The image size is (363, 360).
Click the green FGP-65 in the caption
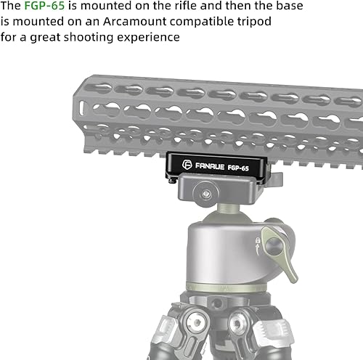(x=45, y=7)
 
